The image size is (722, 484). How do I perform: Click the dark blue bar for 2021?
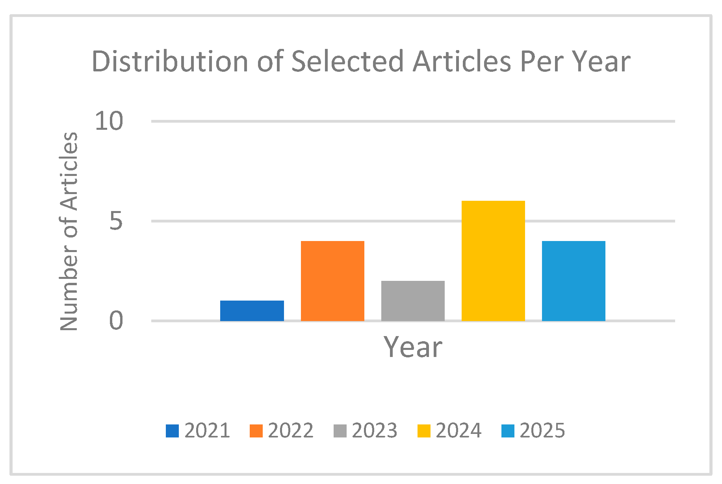click(252, 311)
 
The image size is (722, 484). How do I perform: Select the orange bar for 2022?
click(332, 281)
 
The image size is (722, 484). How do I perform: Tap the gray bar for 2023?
click(413, 301)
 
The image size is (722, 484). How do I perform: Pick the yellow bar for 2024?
click(493, 261)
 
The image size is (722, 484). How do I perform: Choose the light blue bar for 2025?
click(574, 281)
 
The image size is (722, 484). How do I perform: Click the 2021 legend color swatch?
click(172, 431)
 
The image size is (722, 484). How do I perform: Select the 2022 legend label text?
click(291, 430)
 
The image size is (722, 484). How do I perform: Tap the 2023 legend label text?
click(375, 430)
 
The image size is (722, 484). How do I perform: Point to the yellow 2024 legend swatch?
click(424, 431)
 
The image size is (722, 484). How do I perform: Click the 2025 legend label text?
click(542, 430)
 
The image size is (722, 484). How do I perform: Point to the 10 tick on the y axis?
click(109, 121)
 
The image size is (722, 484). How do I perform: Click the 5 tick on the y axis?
click(116, 221)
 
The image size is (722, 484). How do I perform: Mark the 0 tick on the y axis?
click(116, 321)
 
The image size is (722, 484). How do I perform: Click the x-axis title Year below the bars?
click(413, 347)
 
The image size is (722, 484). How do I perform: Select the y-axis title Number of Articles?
click(69, 231)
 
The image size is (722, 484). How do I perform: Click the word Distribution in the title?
click(170, 62)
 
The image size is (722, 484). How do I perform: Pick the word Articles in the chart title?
click(462, 62)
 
